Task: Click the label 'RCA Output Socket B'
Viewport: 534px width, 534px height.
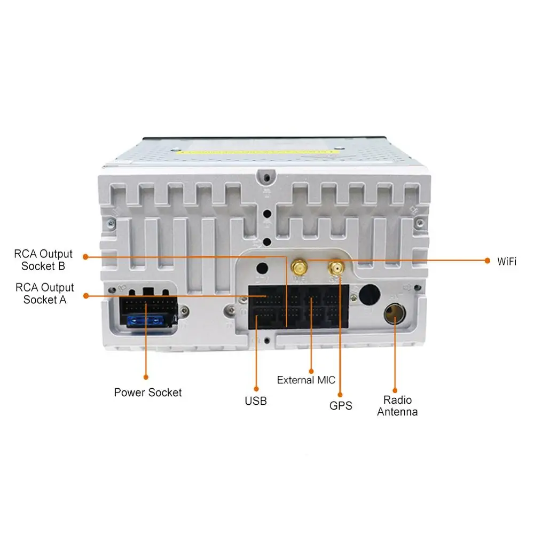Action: (44, 260)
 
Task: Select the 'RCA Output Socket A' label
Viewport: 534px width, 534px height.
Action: (45, 294)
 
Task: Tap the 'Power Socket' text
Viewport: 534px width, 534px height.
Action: (148, 392)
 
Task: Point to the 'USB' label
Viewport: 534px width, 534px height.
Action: (256, 400)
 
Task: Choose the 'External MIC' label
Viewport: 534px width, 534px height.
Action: (306, 380)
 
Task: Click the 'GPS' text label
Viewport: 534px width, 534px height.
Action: (341, 406)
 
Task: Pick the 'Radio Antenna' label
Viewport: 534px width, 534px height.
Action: (397, 406)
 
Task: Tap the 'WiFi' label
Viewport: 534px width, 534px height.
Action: (507, 261)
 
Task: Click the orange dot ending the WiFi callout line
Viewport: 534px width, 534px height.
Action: (486, 261)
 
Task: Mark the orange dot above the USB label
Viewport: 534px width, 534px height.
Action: (256, 388)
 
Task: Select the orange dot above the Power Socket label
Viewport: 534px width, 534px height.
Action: (146, 379)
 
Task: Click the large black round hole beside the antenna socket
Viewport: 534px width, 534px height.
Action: (369, 294)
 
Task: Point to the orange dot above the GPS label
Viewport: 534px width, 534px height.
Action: (341, 394)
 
